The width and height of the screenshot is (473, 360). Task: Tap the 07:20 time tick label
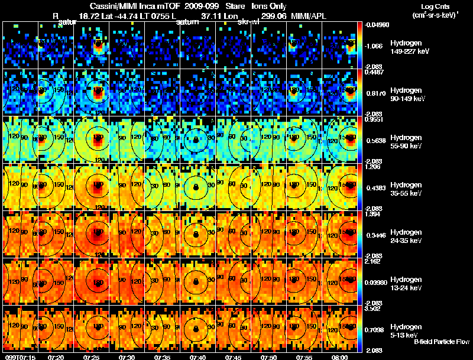[56, 357]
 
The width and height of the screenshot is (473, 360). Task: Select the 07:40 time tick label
[198, 357]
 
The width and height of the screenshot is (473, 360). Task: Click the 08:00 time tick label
[340, 357]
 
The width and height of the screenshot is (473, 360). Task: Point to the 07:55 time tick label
[304, 357]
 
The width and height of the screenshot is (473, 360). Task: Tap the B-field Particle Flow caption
[441, 342]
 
